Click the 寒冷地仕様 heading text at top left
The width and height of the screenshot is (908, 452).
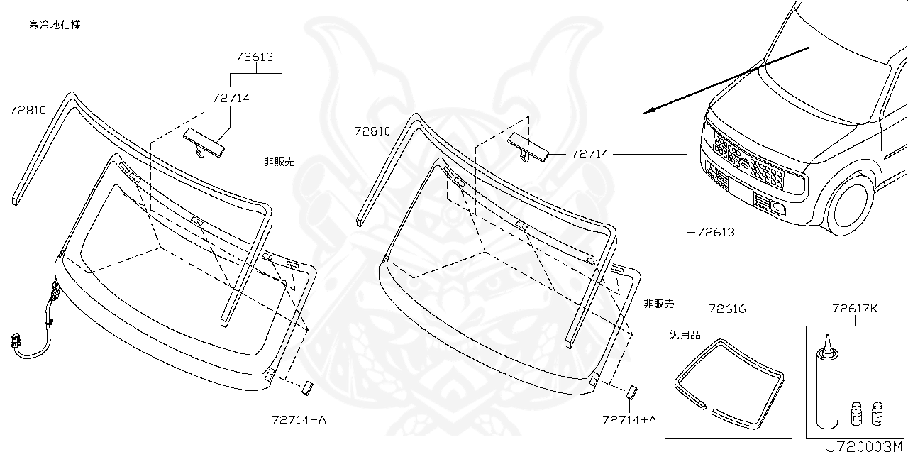click(x=55, y=25)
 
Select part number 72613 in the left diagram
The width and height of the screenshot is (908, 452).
click(x=255, y=57)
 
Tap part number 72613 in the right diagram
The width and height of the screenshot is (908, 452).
click(x=715, y=232)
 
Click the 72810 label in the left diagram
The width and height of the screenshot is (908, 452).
click(x=28, y=110)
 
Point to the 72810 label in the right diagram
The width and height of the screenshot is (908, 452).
click(x=372, y=131)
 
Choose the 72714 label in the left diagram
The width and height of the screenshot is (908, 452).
click(x=231, y=98)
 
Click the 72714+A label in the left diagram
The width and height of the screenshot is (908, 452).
click(x=299, y=419)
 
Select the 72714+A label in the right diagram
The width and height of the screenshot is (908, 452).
click(x=629, y=419)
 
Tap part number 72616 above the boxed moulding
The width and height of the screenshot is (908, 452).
click(x=727, y=309)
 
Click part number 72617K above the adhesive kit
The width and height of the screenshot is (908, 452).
click(x=855, y=309)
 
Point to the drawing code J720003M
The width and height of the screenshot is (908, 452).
click(x=865, y=445)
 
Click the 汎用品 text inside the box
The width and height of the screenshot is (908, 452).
click(x=685, y=336)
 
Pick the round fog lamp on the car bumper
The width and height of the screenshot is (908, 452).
click(x=779, y=208)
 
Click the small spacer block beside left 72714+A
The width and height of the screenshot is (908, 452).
click(x=308, y=387)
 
